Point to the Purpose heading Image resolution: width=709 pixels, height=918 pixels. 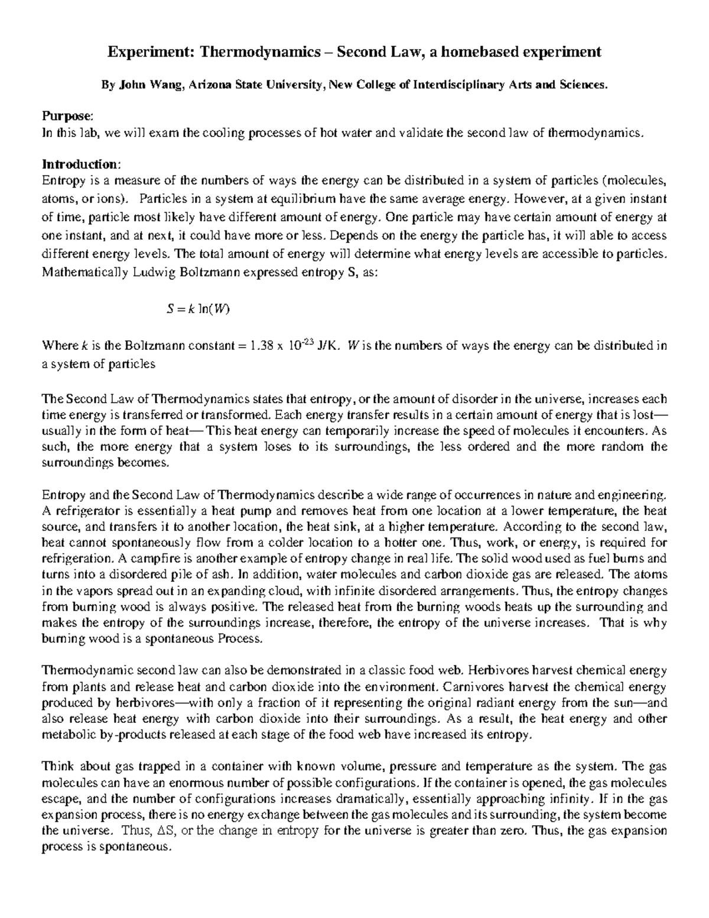point(67,116)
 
